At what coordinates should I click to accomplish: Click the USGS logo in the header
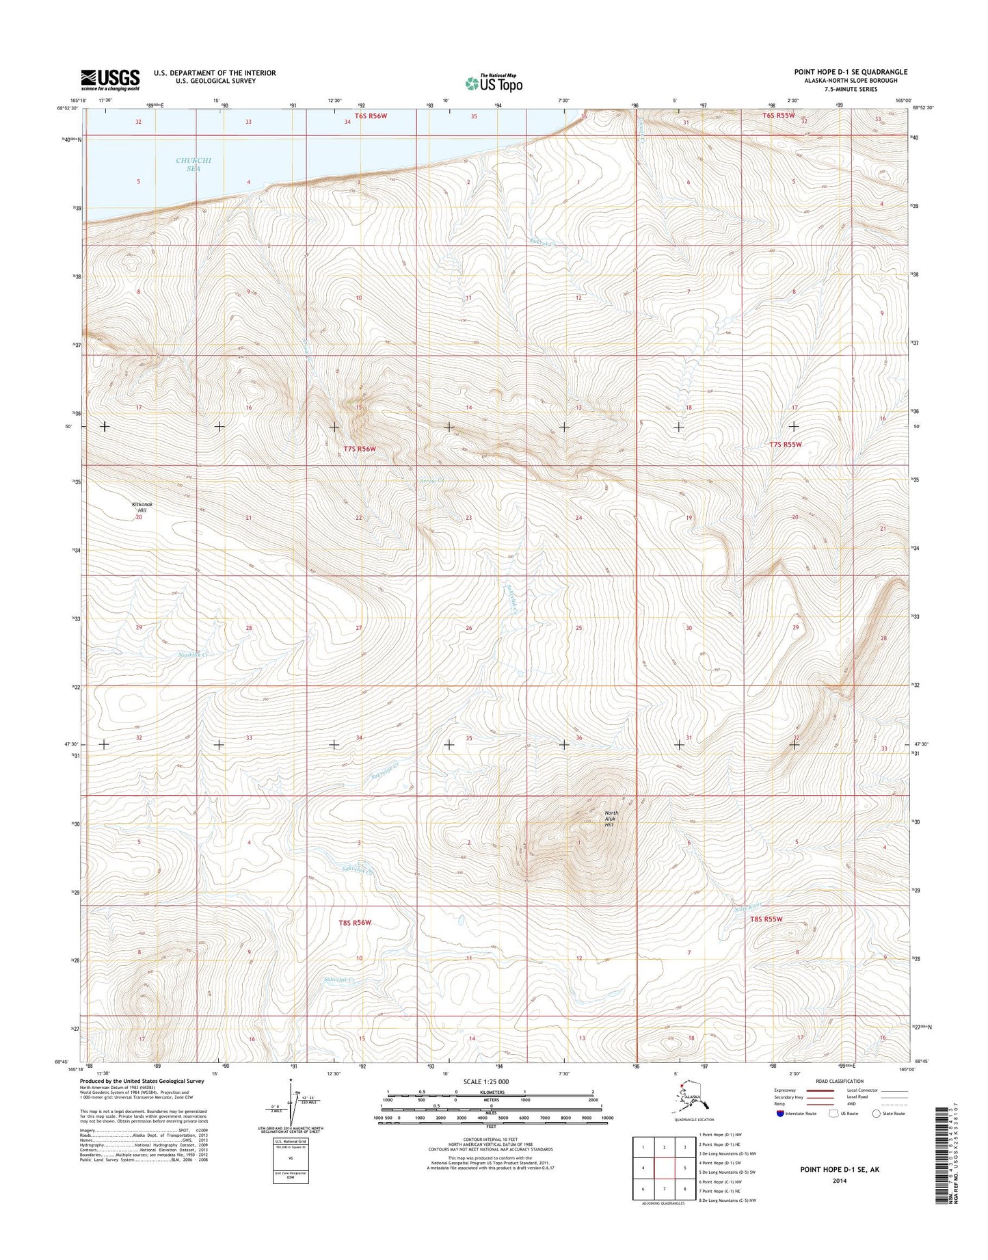pyautogui.click(x=110, y=79)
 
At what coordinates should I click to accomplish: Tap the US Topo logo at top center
pyautogui.click(x=494, y=83)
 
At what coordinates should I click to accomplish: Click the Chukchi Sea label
pyautogui.click(x=193, y=164)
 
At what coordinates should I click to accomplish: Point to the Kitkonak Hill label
pyautogui.click(x=142, y=507)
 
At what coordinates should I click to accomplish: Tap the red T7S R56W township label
pyautogui.click(x=359, y=449)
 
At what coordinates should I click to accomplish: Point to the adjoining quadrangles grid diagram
pyautogui.click(x=663, y=1168)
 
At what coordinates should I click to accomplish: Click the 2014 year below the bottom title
pyautogui.click(x=840, y=1180)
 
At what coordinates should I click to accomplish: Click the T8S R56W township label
pyautogui.click(x=355, y=923)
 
